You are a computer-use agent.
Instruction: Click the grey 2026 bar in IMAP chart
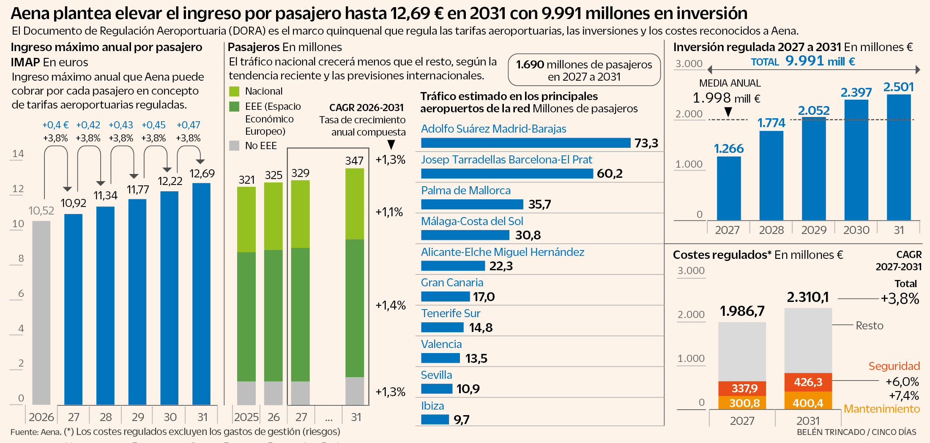41,313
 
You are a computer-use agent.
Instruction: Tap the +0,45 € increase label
153,125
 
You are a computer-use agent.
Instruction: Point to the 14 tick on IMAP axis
18,154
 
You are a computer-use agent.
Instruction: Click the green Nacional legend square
234,91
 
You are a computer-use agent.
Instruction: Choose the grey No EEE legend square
234,146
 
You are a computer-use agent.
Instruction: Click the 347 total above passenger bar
354,160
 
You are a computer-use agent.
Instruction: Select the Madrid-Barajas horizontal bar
525,143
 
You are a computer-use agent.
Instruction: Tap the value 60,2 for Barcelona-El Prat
610,174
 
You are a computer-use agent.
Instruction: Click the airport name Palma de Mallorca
465,190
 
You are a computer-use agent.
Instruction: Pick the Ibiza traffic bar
435,419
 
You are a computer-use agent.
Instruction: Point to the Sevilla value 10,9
468,389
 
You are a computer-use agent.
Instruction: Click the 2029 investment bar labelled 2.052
814,169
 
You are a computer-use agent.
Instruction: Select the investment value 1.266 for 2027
729,149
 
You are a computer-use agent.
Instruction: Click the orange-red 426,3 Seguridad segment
808,382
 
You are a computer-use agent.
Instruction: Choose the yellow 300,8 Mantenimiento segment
742,403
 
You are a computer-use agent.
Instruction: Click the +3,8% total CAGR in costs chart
900,299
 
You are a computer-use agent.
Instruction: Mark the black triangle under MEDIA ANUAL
728,112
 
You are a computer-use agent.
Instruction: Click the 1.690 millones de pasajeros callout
584,70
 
